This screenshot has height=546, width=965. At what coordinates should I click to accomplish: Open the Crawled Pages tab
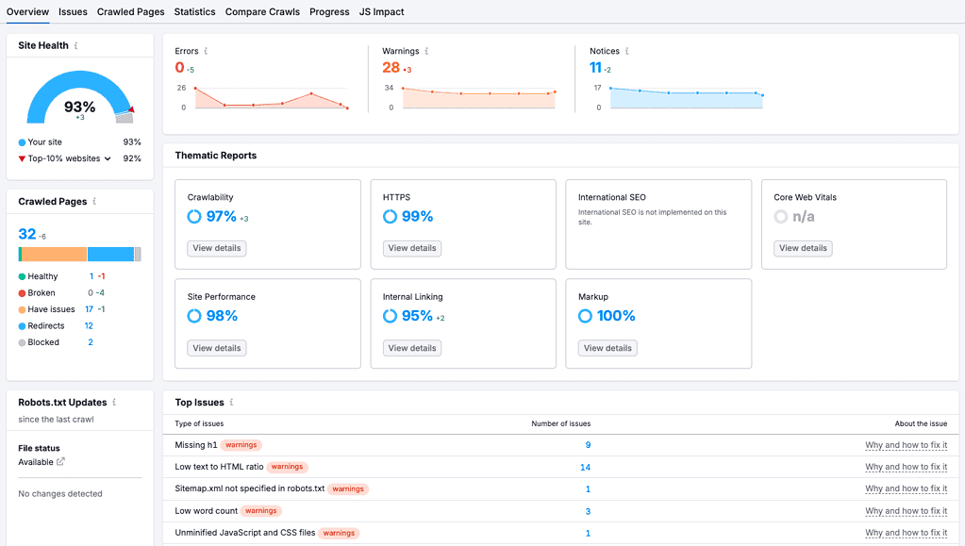click(x=130, y=12)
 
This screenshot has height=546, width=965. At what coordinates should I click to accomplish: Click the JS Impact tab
click(x=381, y=12)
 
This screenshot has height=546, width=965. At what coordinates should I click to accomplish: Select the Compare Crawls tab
click(x=262, y=12)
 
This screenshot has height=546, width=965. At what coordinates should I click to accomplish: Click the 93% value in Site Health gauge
click(x=80, y=107)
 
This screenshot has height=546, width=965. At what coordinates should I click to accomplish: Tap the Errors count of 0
click(x=179, y=68)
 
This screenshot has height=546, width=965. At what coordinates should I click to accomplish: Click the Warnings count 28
click(x=391, y=68)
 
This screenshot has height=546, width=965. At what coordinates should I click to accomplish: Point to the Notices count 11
click(x=595, y=68)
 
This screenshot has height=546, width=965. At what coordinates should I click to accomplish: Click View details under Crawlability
click(x=217, y=248)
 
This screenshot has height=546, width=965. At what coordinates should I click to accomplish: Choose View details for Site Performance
click(x=217, y=348)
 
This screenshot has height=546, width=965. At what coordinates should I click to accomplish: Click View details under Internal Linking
click(x=412, y=348)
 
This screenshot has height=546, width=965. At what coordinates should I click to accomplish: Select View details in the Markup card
click(x=607, y=348)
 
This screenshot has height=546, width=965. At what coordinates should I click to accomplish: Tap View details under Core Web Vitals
click(x=803, y=248)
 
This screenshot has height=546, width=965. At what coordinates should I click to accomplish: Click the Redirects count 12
click(x=89, y=326)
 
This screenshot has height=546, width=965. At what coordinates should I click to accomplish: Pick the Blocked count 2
click(x=91, y=342)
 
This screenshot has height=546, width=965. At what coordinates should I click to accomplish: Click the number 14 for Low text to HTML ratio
click(x=585, y=467)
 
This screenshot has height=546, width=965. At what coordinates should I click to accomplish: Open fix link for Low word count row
click(x=906, y=511)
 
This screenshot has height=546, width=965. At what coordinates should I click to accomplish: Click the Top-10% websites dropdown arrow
click(x=108, y=159)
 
